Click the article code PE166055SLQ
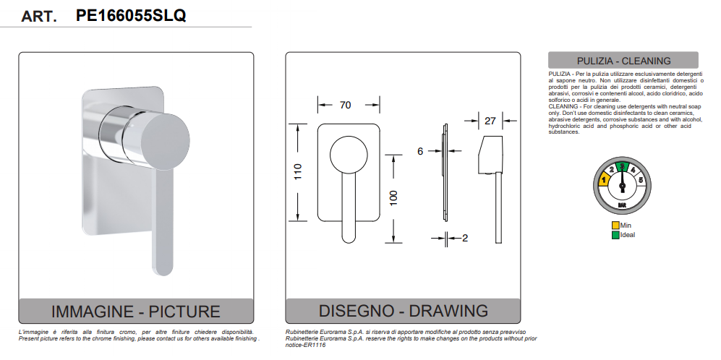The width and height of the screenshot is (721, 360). tap(130, 15)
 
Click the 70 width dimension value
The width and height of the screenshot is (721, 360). tap(345, 106)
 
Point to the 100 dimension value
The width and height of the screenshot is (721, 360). tap(393, 197)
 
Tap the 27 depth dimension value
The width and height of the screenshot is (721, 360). tap(490, 121)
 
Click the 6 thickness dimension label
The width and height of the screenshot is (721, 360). tap(419, 151)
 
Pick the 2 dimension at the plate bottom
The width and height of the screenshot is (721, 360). tap(465, 237)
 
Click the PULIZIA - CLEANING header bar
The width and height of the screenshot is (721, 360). tap(623, 61)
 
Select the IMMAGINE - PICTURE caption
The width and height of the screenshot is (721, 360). tap(136, 312)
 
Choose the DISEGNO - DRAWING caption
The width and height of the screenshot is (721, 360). tap(404, 312)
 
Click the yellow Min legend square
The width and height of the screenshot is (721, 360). tap(615, 226)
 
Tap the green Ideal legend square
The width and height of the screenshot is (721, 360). tap(615, 235)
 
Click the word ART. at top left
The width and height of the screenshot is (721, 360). tap(39, 17)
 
